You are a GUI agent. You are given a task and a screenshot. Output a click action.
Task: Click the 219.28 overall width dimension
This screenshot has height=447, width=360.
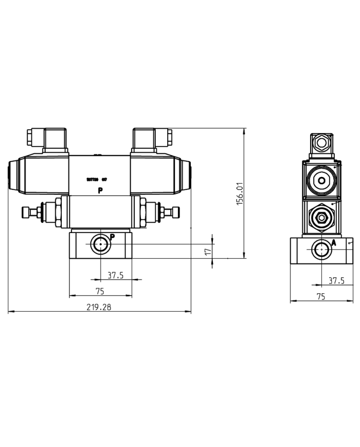100,307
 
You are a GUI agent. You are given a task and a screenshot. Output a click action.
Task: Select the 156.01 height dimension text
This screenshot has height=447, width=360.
239,193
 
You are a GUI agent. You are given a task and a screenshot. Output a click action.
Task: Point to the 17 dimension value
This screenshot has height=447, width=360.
208,252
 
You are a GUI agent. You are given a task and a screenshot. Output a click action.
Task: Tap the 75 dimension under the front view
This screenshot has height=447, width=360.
100,291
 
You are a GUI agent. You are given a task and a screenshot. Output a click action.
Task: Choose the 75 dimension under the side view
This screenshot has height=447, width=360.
320,296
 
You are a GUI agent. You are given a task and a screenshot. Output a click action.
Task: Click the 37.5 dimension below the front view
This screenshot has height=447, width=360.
115,275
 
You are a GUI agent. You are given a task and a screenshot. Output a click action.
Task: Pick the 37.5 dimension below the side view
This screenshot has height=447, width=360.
336,280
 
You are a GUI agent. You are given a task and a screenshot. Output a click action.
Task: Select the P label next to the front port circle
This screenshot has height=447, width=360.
112,237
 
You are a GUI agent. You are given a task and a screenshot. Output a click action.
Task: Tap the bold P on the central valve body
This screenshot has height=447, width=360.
100,191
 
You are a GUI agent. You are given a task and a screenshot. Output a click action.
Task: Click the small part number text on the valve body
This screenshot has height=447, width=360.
96,180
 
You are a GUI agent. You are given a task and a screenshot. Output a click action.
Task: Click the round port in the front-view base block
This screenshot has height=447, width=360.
100,245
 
